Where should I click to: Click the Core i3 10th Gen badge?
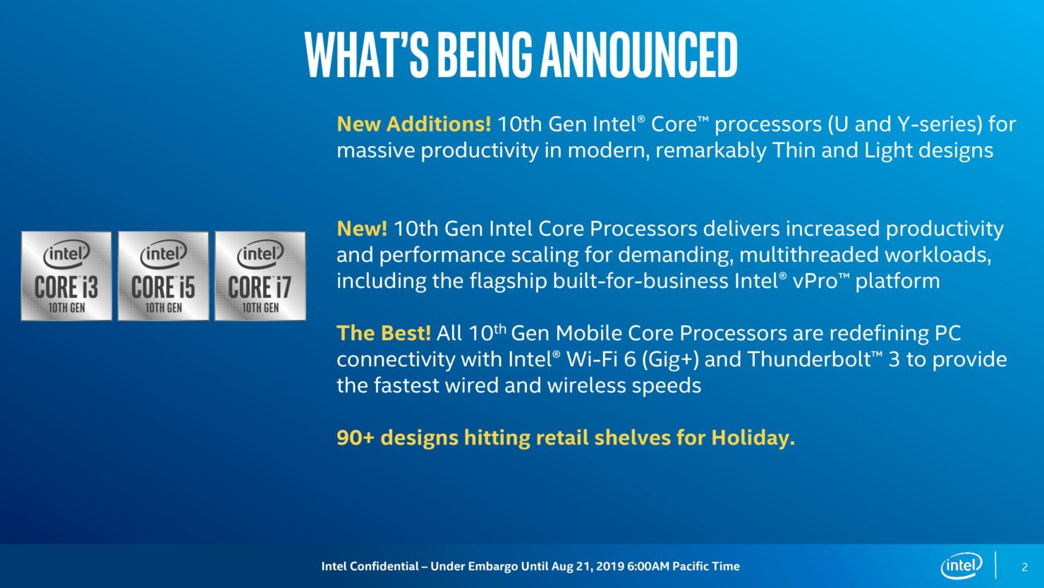tap(66, 276)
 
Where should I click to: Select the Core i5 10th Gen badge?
tap(163, 276)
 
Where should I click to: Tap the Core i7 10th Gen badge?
tap(260, 276)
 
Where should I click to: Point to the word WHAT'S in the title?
tap(366, 55)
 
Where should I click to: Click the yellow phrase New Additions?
tap(414, 124)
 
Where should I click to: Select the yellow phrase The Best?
tap(384, 333)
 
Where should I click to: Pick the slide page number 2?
tap(1024, 567)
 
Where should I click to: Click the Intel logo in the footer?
tap(961, 565)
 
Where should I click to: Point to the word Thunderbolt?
tap(811, 359)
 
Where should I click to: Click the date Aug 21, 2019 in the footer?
tap(588, 567)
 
